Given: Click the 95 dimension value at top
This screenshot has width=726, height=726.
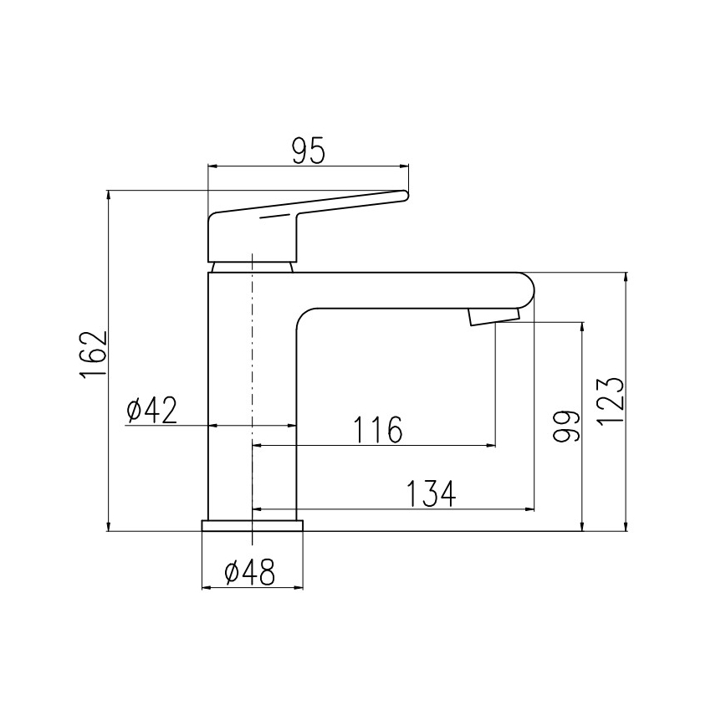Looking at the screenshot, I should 308,151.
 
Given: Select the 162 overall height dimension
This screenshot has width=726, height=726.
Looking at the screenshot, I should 95,355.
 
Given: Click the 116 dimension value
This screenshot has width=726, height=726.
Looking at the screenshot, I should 377,430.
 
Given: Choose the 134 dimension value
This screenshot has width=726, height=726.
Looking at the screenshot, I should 432,493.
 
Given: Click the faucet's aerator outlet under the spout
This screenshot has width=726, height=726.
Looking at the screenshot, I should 493,316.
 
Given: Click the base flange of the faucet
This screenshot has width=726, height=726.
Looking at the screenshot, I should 252,525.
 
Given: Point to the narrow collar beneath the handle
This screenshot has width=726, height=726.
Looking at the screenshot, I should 252,266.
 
